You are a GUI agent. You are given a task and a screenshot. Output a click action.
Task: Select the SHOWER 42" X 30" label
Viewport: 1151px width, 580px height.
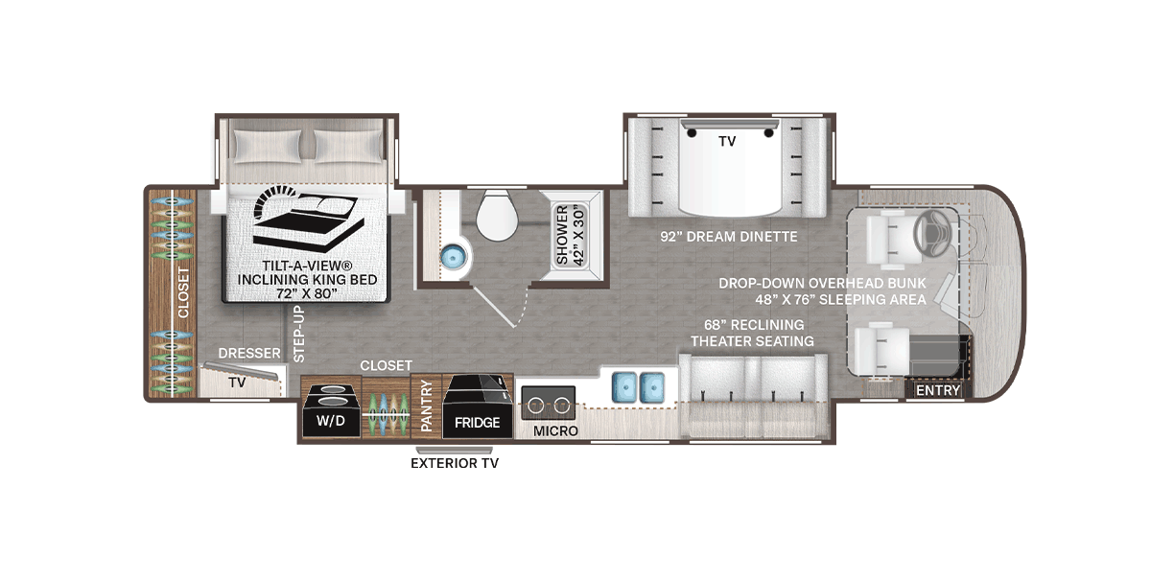pyautogui.click(x=570, y=234)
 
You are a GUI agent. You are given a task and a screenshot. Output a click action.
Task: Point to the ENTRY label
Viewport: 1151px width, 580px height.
pyautogui.click(x=937, y=390)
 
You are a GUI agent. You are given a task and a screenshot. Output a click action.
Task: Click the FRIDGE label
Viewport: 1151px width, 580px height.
pyautogui.click(x=477, y=422)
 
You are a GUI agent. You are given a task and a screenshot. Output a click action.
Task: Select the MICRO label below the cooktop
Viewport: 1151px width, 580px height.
pyautogui.click(x=556, y=431)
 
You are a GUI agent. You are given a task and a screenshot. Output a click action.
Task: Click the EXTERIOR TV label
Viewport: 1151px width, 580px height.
pyautogui.click(x=455, y=464)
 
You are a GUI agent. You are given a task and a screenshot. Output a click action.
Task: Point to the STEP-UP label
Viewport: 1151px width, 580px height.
pyautogui.click(x=297, y=334)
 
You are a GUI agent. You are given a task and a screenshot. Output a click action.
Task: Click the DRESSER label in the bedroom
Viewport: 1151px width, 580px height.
pyautogui.click(x=248, y=354)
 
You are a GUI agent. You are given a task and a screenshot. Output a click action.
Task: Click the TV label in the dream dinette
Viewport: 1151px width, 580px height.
pyautogui.click(x=727, y=140)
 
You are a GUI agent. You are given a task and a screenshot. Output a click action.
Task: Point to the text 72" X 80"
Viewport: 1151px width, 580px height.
pyautogui.click(x=307, y=293)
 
